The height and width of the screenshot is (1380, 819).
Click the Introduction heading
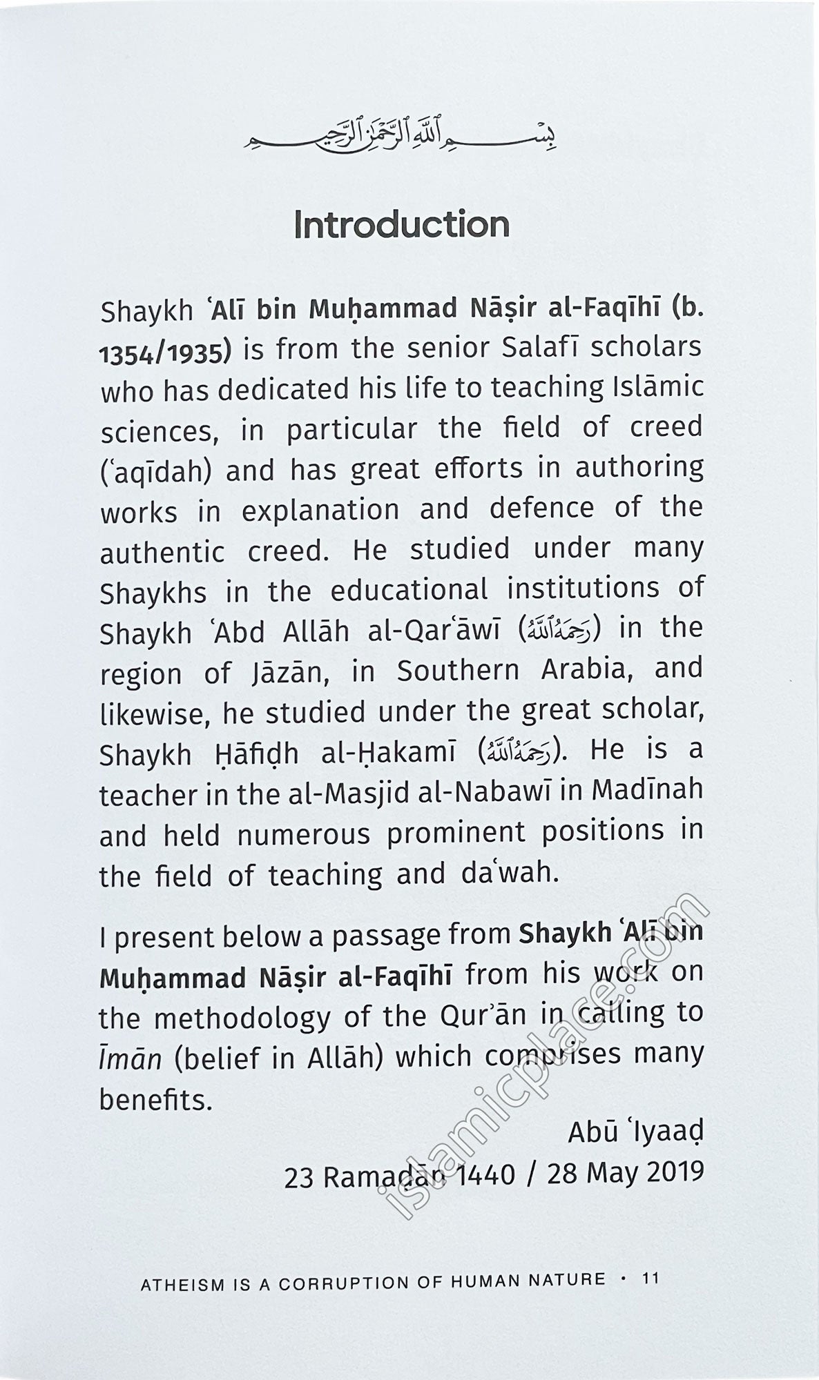coord(401,225)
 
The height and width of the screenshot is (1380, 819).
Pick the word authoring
coord(639,468)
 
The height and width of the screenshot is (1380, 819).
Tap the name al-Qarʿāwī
coord(439,631)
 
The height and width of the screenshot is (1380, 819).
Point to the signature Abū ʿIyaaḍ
coord(635,1132)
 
